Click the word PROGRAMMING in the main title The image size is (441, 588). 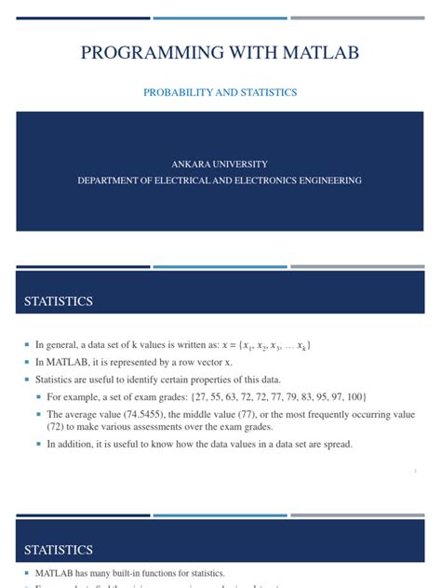coord(154,53)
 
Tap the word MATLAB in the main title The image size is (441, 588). coord(320,53)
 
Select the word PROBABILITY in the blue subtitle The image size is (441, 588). coord(177,93)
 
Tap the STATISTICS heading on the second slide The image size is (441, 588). coord(58,301)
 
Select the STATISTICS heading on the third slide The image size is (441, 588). coord(58,550)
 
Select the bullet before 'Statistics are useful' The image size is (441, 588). coord(29,381)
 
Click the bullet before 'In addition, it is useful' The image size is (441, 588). coord(40,445)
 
